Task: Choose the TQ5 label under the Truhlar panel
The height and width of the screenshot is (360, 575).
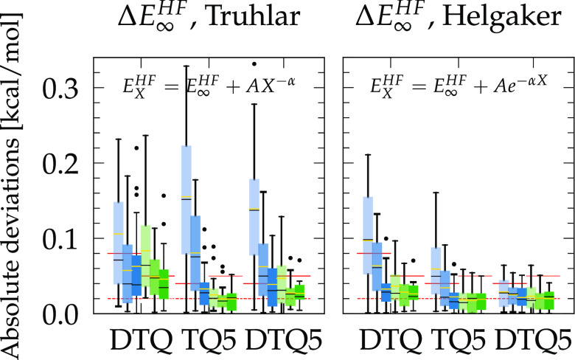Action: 208,339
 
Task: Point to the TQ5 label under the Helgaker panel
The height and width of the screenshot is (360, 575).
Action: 453,339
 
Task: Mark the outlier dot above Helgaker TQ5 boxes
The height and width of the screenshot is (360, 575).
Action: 454,263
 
